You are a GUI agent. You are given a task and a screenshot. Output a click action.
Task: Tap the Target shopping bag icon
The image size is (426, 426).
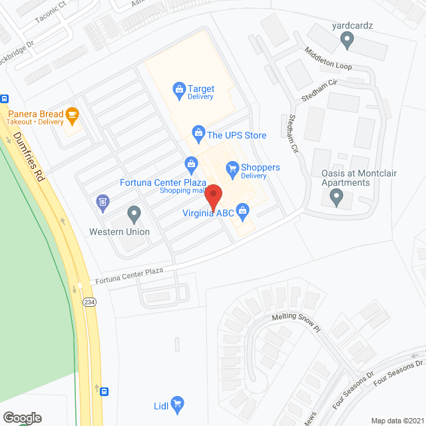178,88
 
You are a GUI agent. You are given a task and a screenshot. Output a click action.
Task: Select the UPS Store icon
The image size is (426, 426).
198,131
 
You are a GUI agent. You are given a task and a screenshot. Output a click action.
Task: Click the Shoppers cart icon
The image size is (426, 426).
232,168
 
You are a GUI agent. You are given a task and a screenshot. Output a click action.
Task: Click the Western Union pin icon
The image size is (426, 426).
134,214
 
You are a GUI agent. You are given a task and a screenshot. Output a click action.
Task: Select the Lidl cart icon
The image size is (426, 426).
177,403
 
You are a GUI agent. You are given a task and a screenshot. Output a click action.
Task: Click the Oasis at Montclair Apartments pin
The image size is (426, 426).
336,197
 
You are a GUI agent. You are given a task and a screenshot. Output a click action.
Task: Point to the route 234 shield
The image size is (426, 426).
88,302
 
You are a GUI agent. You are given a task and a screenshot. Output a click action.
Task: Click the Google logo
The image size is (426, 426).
21,418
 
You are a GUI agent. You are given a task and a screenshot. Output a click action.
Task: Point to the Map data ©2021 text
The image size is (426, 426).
396,421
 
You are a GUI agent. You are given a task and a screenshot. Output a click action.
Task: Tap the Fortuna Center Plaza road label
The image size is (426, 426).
128,275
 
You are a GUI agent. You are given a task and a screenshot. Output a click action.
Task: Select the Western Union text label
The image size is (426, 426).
120,232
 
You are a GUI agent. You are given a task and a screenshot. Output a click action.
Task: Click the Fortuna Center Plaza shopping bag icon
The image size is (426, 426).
191,163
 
